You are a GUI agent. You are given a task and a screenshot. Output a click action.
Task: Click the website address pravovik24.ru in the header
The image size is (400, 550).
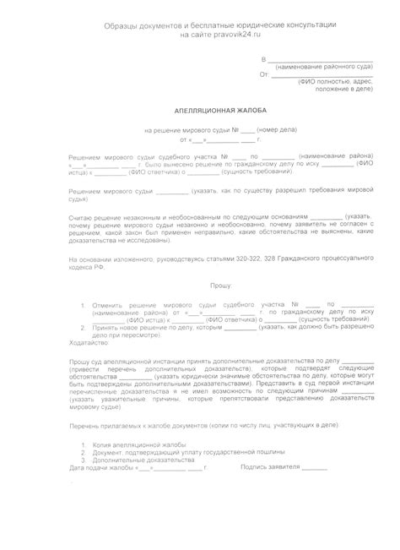click(x=224, y=35)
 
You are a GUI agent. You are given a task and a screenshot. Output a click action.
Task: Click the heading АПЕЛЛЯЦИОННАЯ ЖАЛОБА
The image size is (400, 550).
click(x=200, y=110)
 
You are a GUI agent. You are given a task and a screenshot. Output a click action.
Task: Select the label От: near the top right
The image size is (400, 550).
click(x=264, y=74)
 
